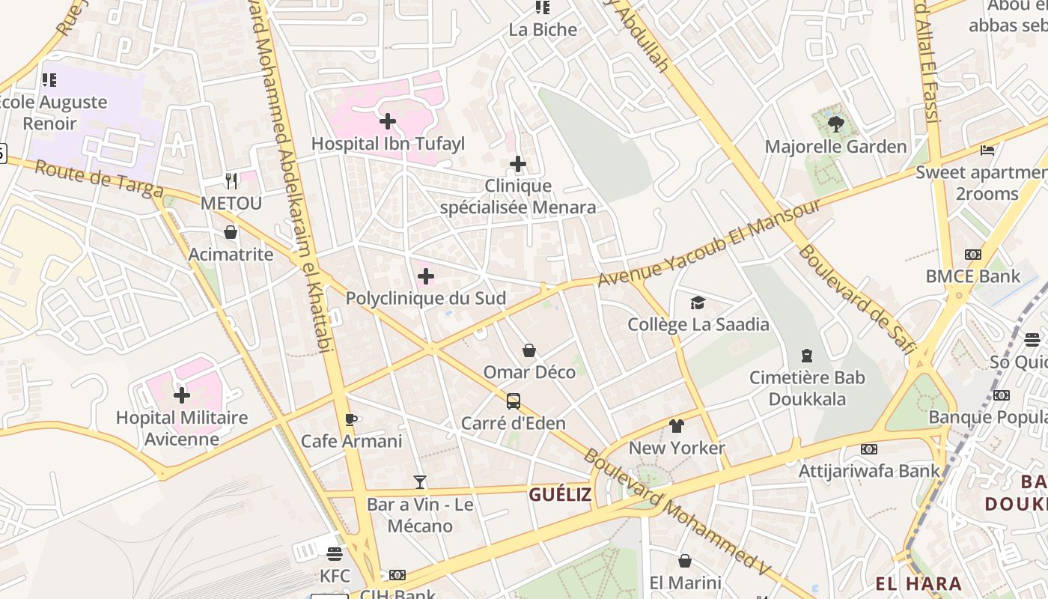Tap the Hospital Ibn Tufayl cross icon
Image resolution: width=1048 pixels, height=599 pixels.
pyautogui.click(x=388, y=121)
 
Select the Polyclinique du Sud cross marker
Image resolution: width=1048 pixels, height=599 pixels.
pyautogui.click(x=426, y=277)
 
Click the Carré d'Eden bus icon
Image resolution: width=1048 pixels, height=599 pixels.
pyautogui.click(x=513, y=401)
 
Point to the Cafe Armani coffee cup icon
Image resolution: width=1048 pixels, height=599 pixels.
pyautogui.click(x=350, y=419)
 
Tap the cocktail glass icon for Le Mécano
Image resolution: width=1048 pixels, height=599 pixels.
pyautogui.click(x=420, y=482)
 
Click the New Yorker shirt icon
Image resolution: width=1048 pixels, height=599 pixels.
pyautogui.click(x=677, y=426)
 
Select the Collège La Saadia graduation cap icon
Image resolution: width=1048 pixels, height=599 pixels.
pyautogui.click(x=698, y=302)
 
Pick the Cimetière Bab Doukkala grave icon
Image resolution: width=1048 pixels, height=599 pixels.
pyautogui.click(x=807, y=355)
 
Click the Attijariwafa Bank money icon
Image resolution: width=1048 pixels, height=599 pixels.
pyautogui.click(x=868, y=449)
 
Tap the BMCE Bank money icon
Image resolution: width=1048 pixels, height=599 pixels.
pyautogui.click(x=972, y=255)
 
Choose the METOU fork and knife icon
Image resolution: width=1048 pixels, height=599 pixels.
pyautogui.click(x=231, y=181)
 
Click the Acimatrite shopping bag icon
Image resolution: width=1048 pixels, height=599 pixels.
pyautogui.click(x=231, y=233)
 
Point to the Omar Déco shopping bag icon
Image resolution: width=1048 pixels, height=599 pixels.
pyautogui.click(x=529, y=350)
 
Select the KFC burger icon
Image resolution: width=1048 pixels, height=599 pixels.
pyautogui.click(x=335, y=554)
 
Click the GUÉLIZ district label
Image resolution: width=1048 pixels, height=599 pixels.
pyautogui.click(x=560, y=494)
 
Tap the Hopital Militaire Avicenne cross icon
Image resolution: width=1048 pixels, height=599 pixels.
pyautogui.click(x=181, y=395)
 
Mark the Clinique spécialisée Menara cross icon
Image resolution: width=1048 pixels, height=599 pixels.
pyautogui.click(x=517, y=164)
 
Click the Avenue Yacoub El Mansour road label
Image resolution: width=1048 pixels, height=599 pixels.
pyautogui.click(x=709, y=243)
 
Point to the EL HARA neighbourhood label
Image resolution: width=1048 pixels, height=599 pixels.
pyautogui.click(x=918, y=583)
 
